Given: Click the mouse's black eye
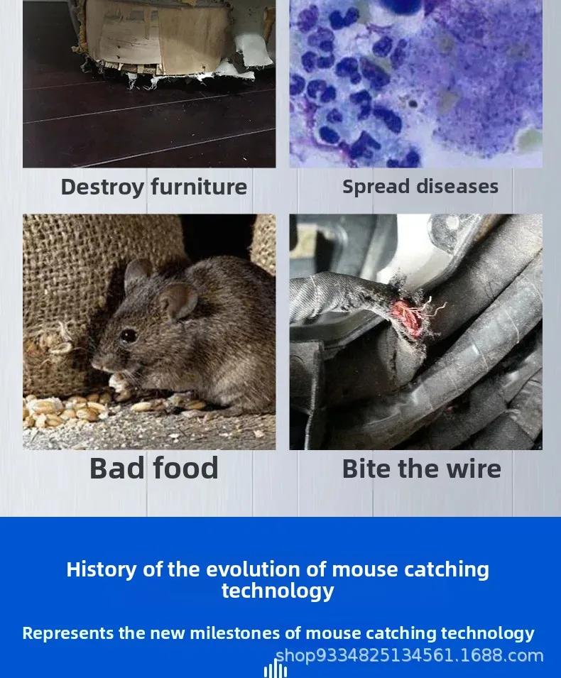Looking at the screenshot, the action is click(x=129, y=336).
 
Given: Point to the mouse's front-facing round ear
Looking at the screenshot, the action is click(x=178, y=301).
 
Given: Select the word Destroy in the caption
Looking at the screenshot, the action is click(x=102, y=187).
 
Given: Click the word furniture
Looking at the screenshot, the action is click(x=199, y=187).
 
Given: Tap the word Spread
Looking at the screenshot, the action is click(x=376, y=187).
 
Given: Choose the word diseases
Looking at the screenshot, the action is click(x=457, y=187).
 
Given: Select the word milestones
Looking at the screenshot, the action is click(x=235, y=633).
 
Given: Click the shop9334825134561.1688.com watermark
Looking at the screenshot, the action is click(x=409, y=655).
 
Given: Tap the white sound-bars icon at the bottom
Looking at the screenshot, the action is click(x=275, y=670).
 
